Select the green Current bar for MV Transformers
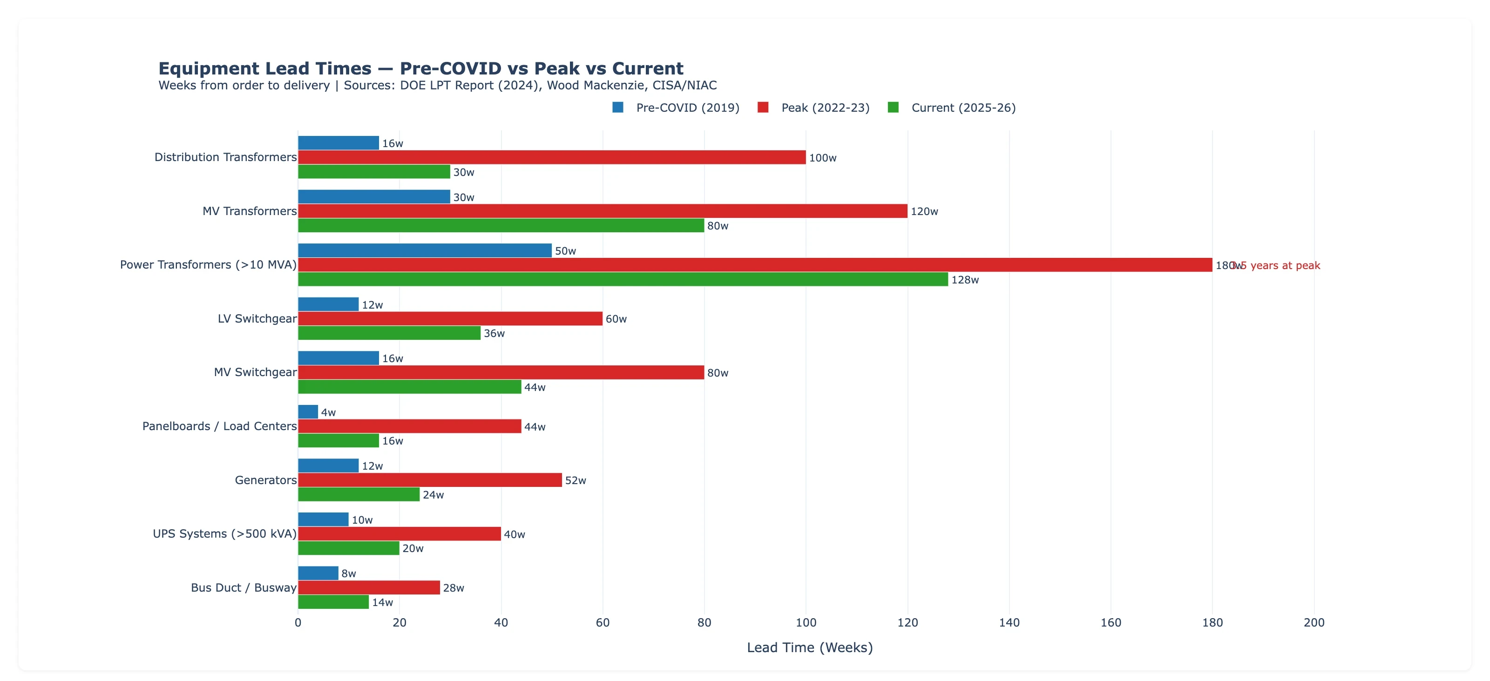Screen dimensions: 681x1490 (501, 225)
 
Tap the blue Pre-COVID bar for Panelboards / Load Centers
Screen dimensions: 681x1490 (308, 411)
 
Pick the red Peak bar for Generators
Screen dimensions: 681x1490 (430, 480)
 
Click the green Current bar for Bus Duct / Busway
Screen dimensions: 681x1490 (333, 602)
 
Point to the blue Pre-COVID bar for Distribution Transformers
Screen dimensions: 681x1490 (339, 143)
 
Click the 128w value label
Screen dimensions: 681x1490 (965, 280)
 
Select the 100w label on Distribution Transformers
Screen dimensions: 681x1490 (822, 158)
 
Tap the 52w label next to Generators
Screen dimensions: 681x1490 (576, 480)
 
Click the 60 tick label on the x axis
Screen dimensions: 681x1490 (603, 623)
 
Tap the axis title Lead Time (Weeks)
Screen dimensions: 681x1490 (809, 647)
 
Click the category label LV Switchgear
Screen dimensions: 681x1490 (257, 318)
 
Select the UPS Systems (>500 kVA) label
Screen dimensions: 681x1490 (224, 533)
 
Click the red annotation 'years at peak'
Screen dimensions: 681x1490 (1285, 265)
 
